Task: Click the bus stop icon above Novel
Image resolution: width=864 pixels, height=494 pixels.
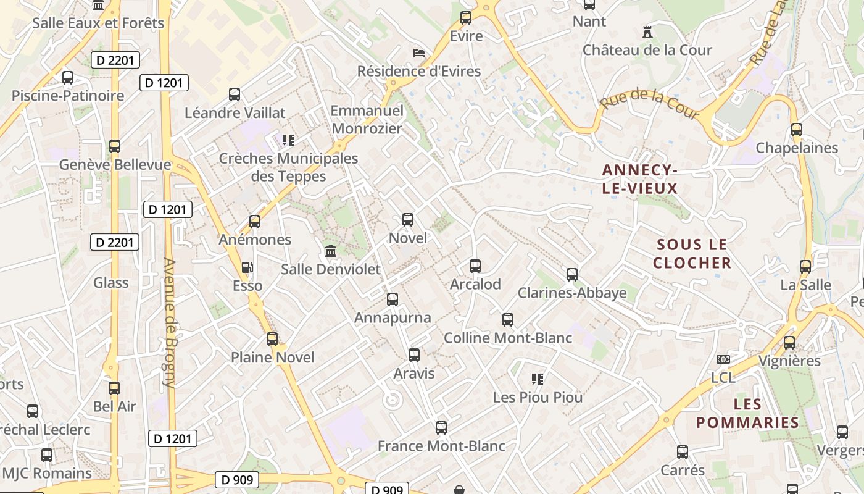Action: click(x=407, y=220)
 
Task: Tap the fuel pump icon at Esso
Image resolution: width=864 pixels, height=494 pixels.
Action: click(x=247, y=267)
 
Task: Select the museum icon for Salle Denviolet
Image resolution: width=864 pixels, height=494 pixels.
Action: click(x=331, y=251)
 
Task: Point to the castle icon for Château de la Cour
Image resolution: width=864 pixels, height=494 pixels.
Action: click(x=647, y=31)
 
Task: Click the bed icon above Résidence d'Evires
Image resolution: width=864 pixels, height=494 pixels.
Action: click(x=419, y=52)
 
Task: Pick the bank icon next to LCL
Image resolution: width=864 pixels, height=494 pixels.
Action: click(x=723, y=359)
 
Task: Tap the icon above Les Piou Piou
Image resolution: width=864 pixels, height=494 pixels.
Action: click(x=538, y=379)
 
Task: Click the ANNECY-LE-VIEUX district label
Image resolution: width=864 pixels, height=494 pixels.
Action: click(x=640, y=179)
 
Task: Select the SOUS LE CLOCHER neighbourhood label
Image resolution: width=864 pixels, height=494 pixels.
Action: click(x=692, y=254)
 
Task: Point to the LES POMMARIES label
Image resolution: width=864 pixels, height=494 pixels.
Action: click(x=747, y=413)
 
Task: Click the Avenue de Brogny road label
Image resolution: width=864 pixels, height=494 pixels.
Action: click(x=170, y=322)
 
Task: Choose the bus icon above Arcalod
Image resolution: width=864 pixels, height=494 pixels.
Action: click(x=475, y=266)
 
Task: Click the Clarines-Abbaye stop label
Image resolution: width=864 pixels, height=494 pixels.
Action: click(x=572, y=293)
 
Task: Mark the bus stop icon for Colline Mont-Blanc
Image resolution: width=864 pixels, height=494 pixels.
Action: click(x=508, y=320)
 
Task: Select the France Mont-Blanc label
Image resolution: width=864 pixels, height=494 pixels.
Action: click(x=441, y=446)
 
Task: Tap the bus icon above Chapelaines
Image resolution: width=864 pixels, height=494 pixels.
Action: click(x=797, y=130)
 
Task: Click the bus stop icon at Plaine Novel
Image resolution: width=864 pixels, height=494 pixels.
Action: click(x=272, y=339)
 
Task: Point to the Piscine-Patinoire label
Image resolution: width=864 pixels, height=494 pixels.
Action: click(x=68, y=96)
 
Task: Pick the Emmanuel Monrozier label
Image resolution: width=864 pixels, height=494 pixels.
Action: click(x=367, y=120)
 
